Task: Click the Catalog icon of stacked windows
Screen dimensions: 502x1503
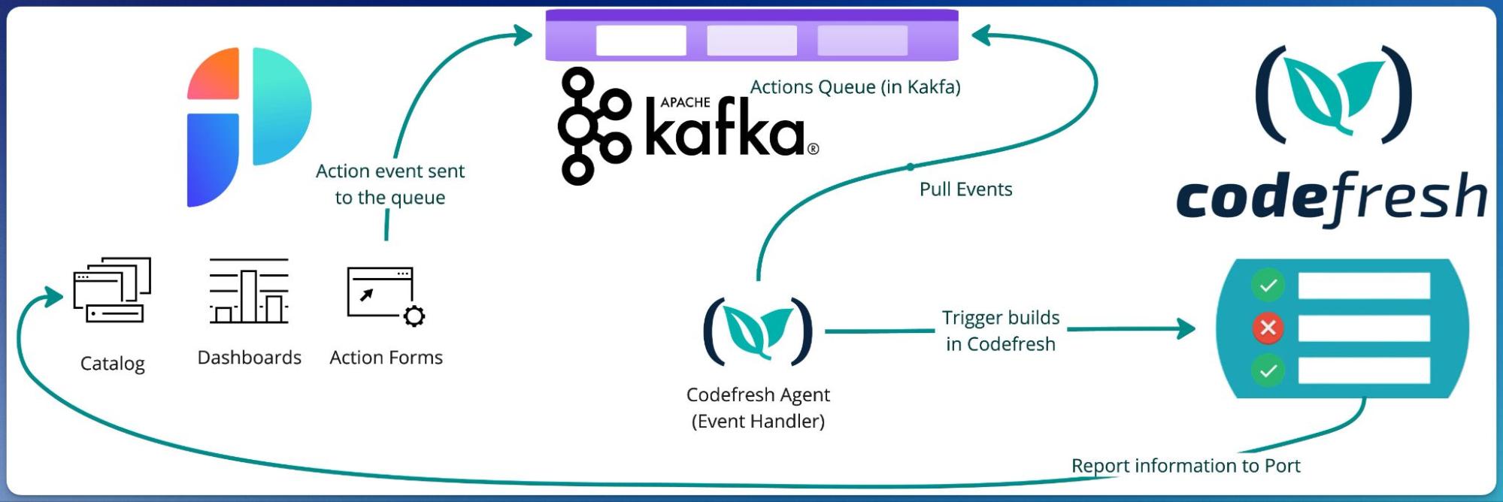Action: tap(112, 290)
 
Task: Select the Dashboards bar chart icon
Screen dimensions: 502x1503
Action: tap(249, 292)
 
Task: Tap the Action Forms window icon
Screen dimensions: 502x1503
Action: tap(380, 293)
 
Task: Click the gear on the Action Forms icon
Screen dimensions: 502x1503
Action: tap(414, 316)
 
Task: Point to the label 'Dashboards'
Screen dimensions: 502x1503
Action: tap(249, 358)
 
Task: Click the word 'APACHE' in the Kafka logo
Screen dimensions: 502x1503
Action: tap(685, 102)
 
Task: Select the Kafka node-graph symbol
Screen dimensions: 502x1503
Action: tap(593, 125)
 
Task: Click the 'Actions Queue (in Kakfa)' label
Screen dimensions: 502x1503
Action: tap(855, 87)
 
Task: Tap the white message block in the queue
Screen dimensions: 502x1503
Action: tap(641, 41)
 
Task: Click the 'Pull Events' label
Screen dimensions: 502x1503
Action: tap(965, 189)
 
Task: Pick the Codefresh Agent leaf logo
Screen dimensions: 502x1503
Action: tap(758, 331)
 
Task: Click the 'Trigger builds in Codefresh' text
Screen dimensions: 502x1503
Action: tap(1000, 331)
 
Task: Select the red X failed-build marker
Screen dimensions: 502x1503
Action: tap(1268, 328)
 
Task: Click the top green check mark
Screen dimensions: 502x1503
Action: tap(1268, 286)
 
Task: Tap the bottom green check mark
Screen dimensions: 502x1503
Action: tap(1268, 370)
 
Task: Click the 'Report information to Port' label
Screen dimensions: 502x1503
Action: tap(1185, 466)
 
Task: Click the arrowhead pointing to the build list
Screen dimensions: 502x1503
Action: tap(1186, 328)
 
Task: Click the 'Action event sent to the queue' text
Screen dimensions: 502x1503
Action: tap(389, 184)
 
